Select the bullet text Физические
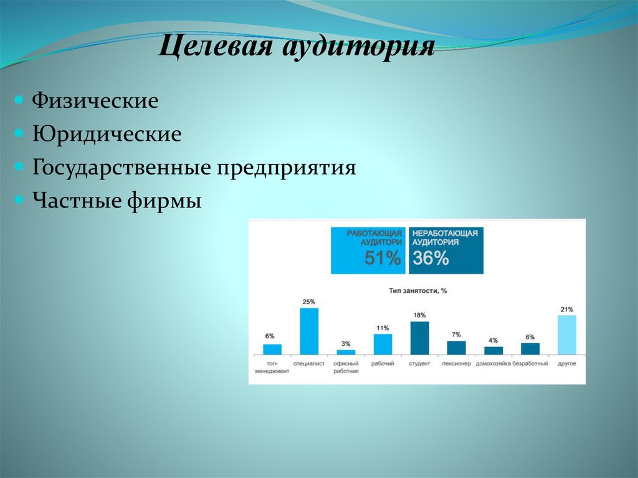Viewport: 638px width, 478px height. tap(95, 100)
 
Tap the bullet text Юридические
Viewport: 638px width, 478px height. tap(107, 134)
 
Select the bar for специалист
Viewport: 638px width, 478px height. tap(309, 332)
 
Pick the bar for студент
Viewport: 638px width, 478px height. tap(419, 338)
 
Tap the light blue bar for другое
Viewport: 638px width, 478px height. tap(566, 335)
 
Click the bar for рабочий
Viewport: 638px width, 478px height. tap(383, 344)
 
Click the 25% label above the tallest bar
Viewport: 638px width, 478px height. tap(309, 302)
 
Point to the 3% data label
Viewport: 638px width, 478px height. tap(346, 343)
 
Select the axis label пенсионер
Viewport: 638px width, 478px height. tap(456, 363)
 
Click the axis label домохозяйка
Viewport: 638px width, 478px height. tap(493, 363)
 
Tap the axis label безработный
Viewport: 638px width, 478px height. tap(530, 363)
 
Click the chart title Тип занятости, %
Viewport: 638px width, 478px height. tap(418, 290)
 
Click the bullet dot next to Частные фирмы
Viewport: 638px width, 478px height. tap(20, 201)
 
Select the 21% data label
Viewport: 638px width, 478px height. tap(566, 309)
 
